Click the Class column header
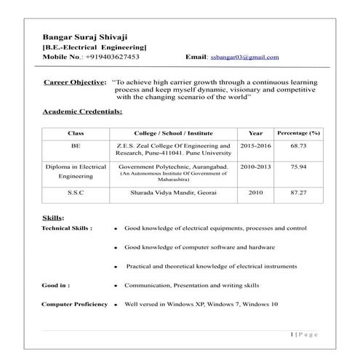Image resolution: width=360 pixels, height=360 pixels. click(x=76, y=134)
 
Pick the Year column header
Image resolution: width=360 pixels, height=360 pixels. click(x=255, y=134)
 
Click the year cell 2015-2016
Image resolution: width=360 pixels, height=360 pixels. click(x=255, y=146)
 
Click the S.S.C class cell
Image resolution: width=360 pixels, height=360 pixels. click(x=76, y=193)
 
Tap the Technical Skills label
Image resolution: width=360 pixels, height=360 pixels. click(x=67, y=228)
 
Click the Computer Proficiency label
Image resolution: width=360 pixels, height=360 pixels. click(x=74, y=304)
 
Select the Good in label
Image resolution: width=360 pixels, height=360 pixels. click(x=56, y=286)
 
